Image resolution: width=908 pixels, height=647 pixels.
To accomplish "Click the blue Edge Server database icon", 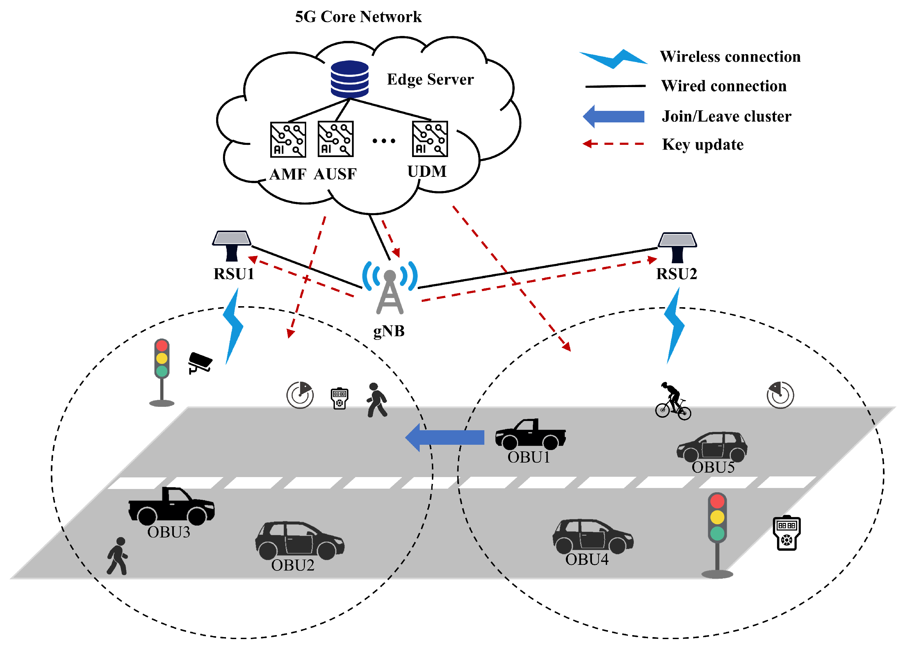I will coord(349,79).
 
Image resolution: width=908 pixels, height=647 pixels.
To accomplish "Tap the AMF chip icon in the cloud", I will coord(288,140).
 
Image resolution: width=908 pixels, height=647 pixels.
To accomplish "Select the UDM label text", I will coord(427,171).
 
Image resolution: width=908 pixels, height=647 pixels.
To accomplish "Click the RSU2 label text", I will coord(676,274).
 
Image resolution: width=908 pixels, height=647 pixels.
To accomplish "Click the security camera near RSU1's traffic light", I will coord(200,362).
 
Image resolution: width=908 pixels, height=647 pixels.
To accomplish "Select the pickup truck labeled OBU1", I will coord(530,434).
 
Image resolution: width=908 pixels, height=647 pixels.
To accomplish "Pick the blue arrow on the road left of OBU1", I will coord(445,437).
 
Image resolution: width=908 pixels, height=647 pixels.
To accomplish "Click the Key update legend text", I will coord(702,144).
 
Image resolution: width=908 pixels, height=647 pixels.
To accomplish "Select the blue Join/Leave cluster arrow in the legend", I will coord(614,116).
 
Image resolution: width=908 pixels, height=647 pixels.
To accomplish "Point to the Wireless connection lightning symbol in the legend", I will coord(614,59).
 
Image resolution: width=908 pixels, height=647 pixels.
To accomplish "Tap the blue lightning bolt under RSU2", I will coord(674,326).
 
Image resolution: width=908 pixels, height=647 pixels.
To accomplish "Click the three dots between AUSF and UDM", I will coord(383,141).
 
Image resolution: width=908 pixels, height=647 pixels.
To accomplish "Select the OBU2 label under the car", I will coord(292,565).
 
